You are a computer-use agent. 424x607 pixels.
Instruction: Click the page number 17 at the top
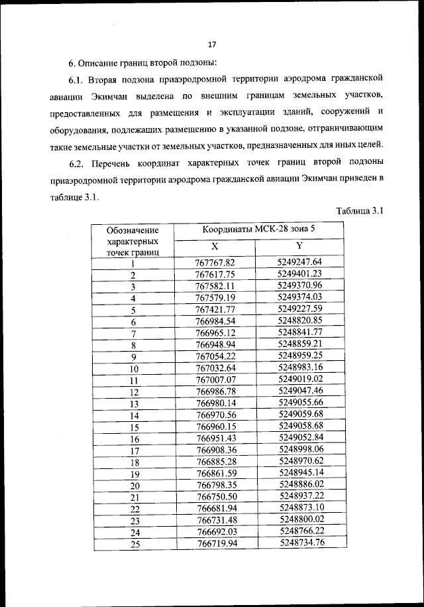tap(212, 45)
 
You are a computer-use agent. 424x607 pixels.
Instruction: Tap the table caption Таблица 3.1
tap(360, 211)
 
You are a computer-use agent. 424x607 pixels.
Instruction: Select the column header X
tap(215, 245)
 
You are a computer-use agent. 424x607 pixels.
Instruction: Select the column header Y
tap(300, 245)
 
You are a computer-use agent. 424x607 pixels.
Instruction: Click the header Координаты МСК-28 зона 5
tap(258, 230)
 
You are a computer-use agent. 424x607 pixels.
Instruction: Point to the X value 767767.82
tap(215, 262)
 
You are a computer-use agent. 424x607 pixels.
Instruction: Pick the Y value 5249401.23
tap(300, 273)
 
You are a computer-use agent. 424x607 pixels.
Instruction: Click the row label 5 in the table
tap(132, 310)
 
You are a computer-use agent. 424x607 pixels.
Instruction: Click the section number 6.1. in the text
tap(78, 79)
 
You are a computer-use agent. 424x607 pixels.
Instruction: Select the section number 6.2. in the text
tap(78, 163)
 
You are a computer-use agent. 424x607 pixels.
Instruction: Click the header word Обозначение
tap(132, 230)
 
